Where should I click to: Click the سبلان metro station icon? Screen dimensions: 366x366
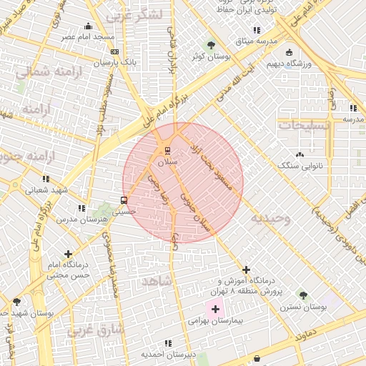[167, 150]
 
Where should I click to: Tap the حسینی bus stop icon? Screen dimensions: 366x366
[124, 200]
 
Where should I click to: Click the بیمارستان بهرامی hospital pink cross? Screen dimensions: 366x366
[215, 309]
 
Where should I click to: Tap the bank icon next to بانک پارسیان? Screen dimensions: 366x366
[115, 51]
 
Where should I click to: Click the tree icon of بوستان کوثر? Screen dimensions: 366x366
[210, 44]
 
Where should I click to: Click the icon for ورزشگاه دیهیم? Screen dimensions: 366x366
[289, 53]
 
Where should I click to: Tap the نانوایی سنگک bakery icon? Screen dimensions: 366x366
[299, 154]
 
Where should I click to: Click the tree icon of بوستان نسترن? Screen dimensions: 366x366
[303, 295]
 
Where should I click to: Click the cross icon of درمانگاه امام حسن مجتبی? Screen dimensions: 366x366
[68, 254]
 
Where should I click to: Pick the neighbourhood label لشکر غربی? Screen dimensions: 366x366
[134, 14]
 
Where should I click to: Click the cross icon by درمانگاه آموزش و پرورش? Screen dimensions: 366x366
[246, 269]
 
